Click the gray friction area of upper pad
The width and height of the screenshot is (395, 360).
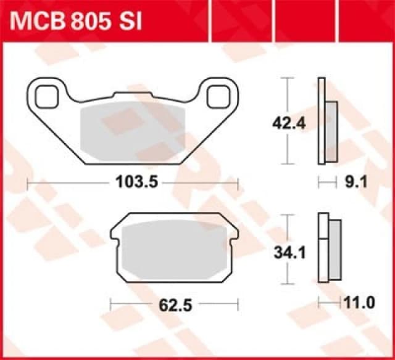click(133, 128)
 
